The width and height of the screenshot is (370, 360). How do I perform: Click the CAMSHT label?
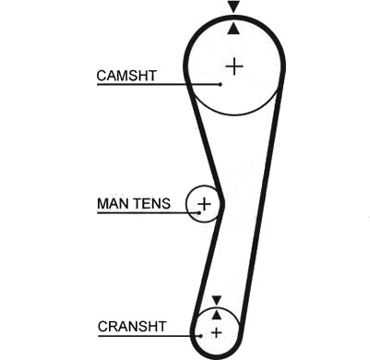[x=126, y=76]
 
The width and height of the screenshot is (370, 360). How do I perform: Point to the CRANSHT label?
[x=132, y=327]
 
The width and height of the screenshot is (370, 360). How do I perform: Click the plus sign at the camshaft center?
[x=234, y=66]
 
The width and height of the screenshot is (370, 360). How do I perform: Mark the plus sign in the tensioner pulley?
[x=204, y=204]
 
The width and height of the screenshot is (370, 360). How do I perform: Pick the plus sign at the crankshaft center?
[x=217, y=332]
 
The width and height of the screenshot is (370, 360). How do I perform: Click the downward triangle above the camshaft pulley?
[x=233, y=6]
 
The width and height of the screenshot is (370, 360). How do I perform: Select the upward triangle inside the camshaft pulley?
[x=233, y=29]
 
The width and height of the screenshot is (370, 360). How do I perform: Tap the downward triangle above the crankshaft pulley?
[x=217, y=300]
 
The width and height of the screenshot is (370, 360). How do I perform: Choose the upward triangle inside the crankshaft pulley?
[x=217, y=315]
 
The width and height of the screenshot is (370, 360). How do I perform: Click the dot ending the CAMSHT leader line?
[x=221, y=84]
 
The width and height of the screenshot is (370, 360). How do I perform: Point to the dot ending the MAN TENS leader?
[x=199, y=212]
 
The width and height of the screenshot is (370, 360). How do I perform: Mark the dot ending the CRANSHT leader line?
[x=200, y=336]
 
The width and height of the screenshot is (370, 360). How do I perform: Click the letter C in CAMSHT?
[x=101, y=76]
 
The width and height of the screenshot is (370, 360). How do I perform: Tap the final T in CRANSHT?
[x=161, y=327]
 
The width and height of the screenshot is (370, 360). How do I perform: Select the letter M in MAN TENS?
[x=103, y=204]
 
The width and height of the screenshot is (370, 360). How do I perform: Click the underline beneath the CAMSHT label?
[x=158, y=84]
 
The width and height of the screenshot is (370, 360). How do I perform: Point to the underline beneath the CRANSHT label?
[x=149, y=336]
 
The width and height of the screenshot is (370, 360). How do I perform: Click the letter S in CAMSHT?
[x=133, y=76]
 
